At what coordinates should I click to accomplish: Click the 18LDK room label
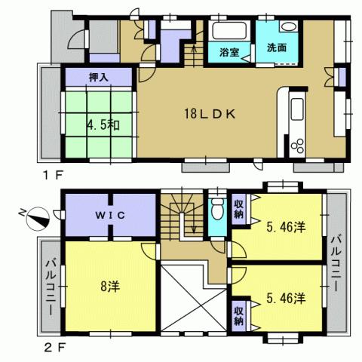point(212,115)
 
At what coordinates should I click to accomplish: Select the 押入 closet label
point(98,76)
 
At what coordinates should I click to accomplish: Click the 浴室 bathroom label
point(230,54)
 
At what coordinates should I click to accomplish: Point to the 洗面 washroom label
point(276,48)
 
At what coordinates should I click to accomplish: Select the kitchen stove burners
point(296,145)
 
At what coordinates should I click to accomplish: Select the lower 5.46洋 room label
point(284,298)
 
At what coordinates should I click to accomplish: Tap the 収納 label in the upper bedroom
point(239,209)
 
